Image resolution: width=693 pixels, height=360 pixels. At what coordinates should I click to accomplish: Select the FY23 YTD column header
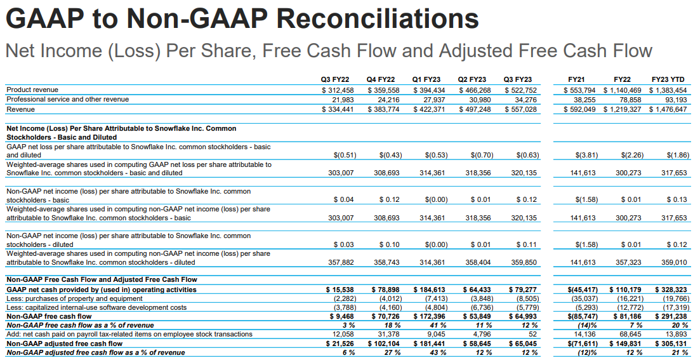coord(668,79)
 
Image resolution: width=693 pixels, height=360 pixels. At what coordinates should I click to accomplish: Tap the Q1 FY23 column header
coord(426,79)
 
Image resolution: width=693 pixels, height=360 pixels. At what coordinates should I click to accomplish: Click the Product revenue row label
coord(32,90)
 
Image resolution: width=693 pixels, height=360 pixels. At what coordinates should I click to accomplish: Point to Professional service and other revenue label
coord(67,99)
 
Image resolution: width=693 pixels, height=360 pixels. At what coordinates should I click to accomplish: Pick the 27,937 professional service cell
coord(430,99)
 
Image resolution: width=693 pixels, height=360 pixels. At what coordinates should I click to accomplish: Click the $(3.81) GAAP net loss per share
coord(585,155)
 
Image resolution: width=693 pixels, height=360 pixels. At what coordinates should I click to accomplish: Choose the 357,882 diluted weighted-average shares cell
coord(340,262)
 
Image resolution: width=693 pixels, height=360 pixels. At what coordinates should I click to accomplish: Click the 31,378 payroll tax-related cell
coord(384,334)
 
